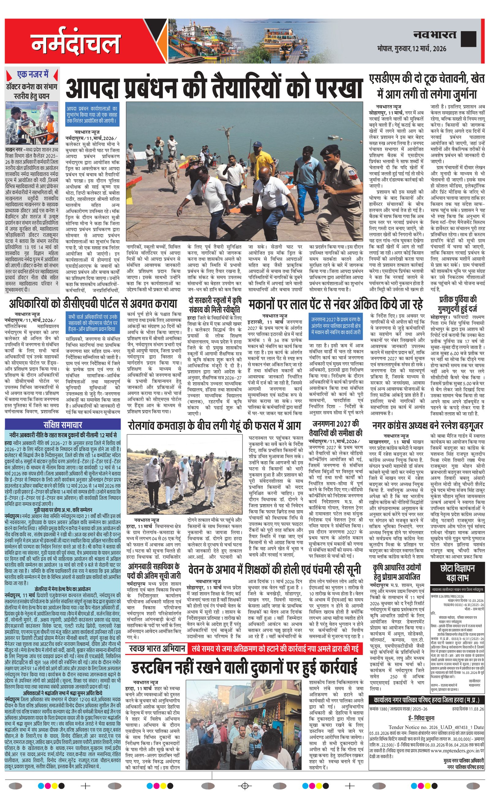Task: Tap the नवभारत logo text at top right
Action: tap(435, 35)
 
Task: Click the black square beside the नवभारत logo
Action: tap(468, 40)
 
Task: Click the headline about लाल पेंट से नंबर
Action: tap(335, 304)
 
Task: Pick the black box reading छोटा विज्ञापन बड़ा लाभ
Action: tap(457, 573)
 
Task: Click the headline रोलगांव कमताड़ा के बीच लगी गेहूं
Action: tap(214, 426)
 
